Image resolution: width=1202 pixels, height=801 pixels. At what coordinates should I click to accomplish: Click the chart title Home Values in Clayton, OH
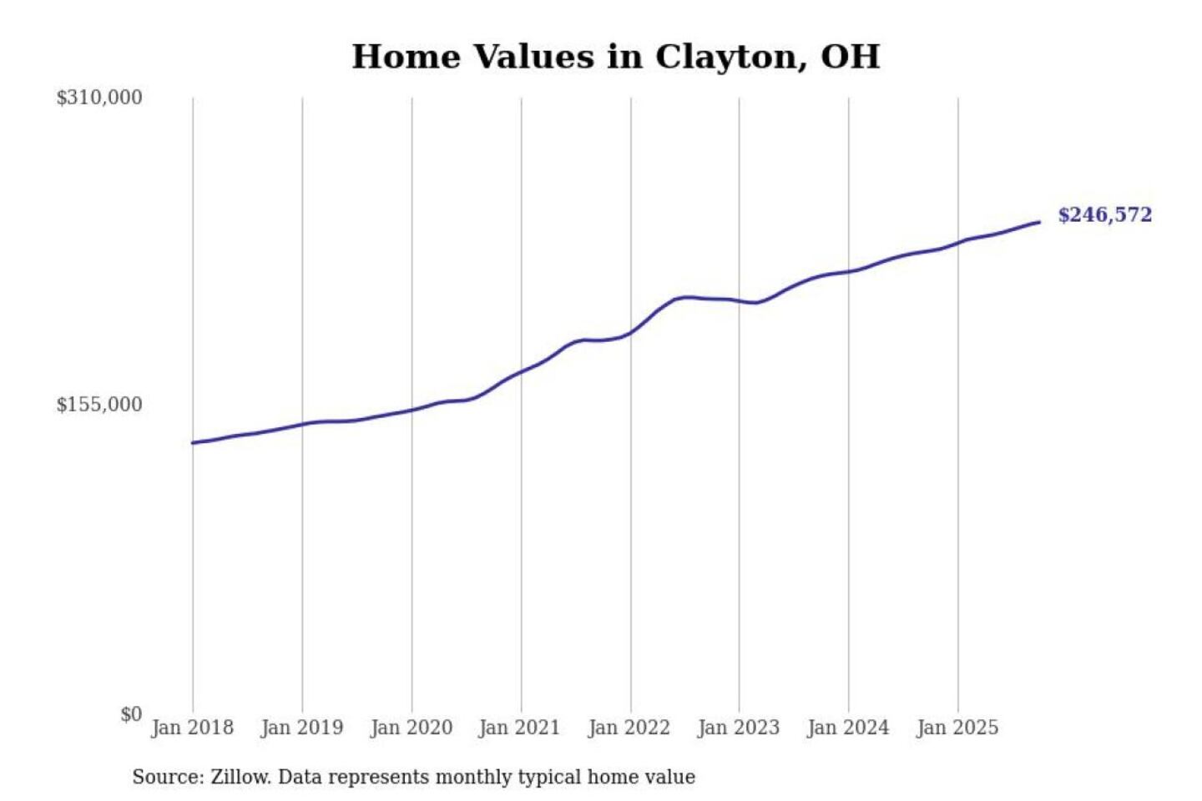pyautogui.click(x=615, y=57)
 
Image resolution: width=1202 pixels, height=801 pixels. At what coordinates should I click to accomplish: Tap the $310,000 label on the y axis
pyautogui.click(x=99, y=98)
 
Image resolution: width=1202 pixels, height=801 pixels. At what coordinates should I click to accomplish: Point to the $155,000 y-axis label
pyautogui.click(x=99, y=405)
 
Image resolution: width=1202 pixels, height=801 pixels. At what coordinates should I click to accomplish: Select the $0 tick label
pyautogui.click(x=131, y=714)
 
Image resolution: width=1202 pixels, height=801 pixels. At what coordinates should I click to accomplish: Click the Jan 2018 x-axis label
pyautogui.click(x=192, y=728)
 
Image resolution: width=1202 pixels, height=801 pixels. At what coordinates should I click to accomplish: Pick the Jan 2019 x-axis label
pyautogui.click(x=301, y=728)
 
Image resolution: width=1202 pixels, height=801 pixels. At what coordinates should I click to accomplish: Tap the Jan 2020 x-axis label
pyautogui.click(x=411, y=728)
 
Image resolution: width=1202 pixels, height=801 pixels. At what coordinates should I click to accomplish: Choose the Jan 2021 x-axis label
pyautogui.click(x=519, y=728)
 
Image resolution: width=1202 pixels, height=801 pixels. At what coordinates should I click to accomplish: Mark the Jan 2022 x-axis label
pyautogui.click(x=629, y=728)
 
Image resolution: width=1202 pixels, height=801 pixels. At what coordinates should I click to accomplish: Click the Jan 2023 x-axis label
pyautogui.click(x=738, y=728)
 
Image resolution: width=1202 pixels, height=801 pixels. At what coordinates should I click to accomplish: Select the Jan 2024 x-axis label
pyautogui.click(x=847, y=728)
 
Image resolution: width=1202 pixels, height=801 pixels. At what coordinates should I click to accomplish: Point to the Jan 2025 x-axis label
pyautogui.click(x=957, y=728)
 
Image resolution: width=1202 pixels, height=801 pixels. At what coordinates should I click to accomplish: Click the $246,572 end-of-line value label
pyautogui.click(x=1104, y=215)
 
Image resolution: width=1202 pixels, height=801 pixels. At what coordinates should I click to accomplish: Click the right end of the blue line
pyautogui.click(x=1038, y=222)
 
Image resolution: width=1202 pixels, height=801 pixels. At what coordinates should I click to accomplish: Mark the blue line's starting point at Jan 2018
pyautogui.click(x=194, y=442)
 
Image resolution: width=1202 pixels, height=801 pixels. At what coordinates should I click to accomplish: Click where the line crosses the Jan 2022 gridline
pyautogui.click(x=631, y=332)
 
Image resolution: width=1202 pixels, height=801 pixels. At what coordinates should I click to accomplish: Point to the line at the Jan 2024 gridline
pyautogui.click(x=849, y=271)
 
